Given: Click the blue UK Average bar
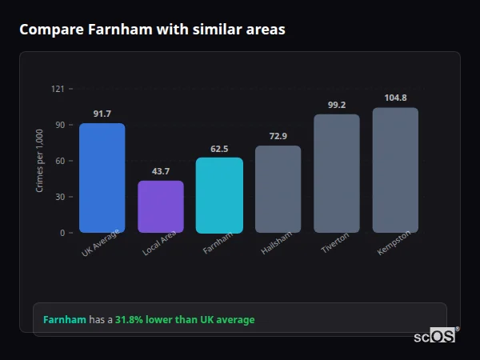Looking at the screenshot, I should pyautogui.click(x=102, y=178).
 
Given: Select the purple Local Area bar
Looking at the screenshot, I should pyautogui.click(x=161, y=206).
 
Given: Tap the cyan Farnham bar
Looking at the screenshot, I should pyautogui.click(x=219, y=195).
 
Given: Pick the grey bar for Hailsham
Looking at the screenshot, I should pyautogui.click(x=278, y=189).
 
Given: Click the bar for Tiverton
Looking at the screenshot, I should pyautogui.click(x=337, y=174).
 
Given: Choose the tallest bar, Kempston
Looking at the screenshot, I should pyautogui.click(x=395, y=170).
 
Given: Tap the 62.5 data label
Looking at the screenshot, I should pyautogui.click(x=219, y=149).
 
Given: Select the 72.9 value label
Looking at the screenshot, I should pyautogui.click(x=278, y=137).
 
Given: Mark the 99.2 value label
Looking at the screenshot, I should pyautogui.click(x=337, y=105).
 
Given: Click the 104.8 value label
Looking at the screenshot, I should pyautogui.click(x=395, y=98).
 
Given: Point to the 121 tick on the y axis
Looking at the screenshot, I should pyautogui.click(x=58, y=89).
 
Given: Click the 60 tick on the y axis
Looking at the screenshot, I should pyautogui.click(x=60, y=161).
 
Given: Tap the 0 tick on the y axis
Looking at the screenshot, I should pyautogui.click(x=62, y=233).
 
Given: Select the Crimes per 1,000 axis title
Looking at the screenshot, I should pyautogui.click(x=40, y=161).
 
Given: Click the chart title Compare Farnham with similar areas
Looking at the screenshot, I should pyautogui.click(x=152, y=30).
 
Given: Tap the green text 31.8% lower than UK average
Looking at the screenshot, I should pyautogui.click(x=185, y=320).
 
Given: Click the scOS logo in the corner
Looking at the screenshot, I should pyautogui.click(x=435, y=336).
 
